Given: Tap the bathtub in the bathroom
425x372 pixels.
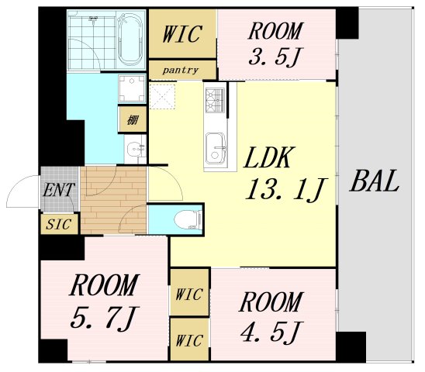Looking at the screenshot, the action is [130, 40].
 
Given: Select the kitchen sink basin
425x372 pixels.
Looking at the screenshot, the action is [216, 150].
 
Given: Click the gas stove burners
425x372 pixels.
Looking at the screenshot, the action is [215, 100].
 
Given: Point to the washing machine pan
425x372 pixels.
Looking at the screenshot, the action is [132, 88].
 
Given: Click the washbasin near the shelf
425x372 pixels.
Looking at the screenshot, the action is [135, 150].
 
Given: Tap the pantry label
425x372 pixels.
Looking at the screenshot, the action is [181, 71].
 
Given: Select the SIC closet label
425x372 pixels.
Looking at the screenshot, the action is [59, 224].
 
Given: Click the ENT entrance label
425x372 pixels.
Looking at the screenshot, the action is [58, 189].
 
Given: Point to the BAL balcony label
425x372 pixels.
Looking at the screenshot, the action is [375, 181].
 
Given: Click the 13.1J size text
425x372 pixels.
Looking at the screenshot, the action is [286, 189].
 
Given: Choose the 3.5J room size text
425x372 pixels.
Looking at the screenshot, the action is [275, 57].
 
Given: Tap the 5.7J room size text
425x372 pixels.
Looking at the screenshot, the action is [105, 316].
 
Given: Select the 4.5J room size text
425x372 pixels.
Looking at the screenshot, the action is [271, 331].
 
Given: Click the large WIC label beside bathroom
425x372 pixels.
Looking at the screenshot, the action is [182, 34].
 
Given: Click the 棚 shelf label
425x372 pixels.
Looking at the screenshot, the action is [133, 119].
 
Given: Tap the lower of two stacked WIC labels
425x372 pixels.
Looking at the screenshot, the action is [189, 340].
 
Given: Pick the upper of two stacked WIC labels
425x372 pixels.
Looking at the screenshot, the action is [189, 294].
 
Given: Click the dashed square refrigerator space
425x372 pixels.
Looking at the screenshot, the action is [162, 96].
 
